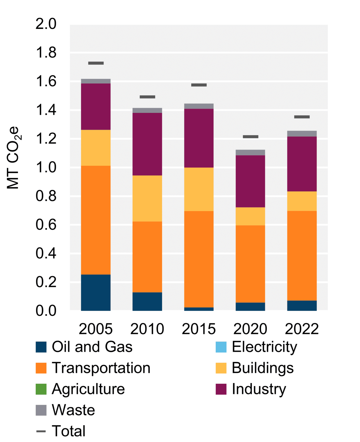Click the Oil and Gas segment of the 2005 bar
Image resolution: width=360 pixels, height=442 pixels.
(96, 292)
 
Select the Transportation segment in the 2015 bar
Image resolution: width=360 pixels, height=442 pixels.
(199, 259)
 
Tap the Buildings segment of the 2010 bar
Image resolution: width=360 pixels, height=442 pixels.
(147, 198)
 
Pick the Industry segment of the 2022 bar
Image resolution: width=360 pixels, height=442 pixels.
(302, 164)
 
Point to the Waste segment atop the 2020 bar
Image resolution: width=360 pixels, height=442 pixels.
(250, 153)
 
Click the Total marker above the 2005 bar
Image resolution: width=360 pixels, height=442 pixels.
(96, 63)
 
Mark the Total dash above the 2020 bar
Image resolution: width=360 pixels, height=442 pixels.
(250, 137)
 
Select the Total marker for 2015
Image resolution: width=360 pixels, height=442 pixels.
(199, 85)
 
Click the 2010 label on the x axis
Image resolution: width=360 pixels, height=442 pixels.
(147, 329)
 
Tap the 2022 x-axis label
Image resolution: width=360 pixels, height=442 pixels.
(302, 329)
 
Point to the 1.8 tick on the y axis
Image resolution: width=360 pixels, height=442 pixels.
(46, 53)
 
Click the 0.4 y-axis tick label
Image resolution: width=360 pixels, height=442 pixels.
(46, 253)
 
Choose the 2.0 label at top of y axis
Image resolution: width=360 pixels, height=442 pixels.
(46, 24)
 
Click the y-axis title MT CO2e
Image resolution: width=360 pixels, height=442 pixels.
(13, 158)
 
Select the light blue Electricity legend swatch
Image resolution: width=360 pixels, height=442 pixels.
(221, 347)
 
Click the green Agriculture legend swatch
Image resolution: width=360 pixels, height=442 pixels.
(41, 389)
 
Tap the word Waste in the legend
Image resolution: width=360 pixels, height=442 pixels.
(73, 410)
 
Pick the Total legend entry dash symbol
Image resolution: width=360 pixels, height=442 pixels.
(41, 431)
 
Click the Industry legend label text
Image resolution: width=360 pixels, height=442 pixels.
(259, 389)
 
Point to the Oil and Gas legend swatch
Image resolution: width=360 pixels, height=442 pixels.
(41, 347)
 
